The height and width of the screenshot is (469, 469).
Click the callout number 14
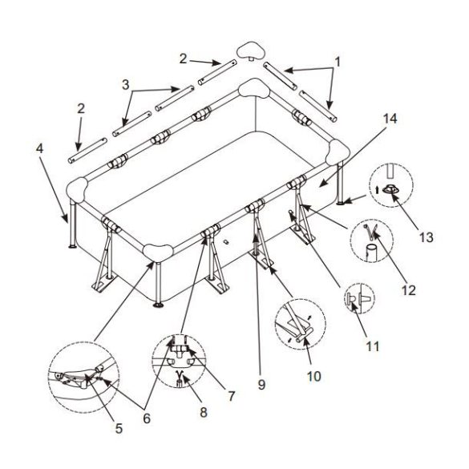click(x=390, y=119)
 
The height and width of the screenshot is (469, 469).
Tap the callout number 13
click(x=426, y=237)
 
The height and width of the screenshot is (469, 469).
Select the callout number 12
click(x=409, y=290)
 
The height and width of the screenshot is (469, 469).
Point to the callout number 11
click(x=372, y=346)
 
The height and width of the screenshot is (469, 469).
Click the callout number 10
click(x=314, y=376)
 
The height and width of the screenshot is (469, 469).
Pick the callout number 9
click(x=261, y=384)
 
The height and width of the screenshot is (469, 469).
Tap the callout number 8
click(x=204, y=412)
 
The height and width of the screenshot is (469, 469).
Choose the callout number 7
click(x=232, y=396)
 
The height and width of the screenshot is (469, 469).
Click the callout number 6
click(x=147, y=418)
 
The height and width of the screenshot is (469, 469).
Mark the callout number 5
click(x=119, y=429)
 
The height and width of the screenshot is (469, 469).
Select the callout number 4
click(x=39, y=148)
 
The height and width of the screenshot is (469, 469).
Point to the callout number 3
click(x=126, y=85)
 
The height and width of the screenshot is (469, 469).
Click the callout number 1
click(x=338, y=63)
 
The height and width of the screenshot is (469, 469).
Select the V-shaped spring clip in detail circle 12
click(x=371, y=231)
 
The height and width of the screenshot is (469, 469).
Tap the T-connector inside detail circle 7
click(x=180, y=350)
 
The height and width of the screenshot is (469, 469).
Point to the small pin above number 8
click(x=180, y=378)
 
